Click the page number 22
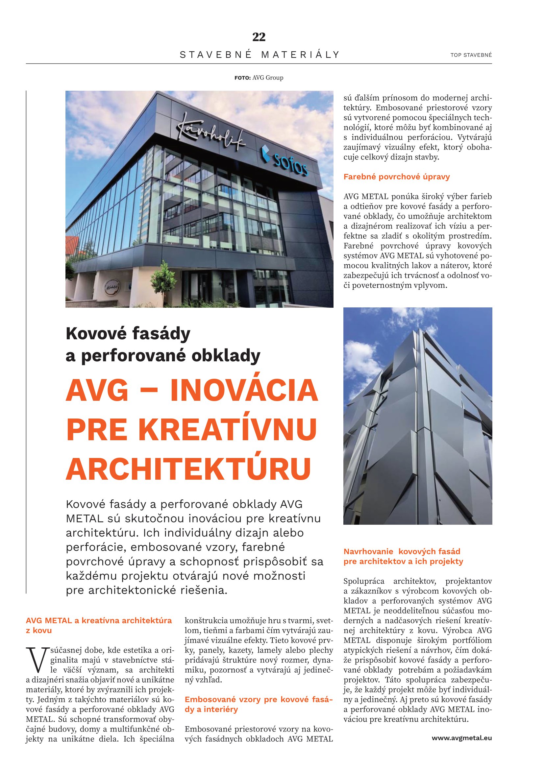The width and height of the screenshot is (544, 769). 259,37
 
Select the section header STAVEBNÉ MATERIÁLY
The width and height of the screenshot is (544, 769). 260,55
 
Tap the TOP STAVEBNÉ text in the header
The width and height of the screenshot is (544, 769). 471,55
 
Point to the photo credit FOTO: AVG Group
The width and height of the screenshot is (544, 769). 259,78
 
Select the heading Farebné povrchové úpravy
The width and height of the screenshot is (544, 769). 397,177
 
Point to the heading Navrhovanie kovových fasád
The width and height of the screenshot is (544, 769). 402,551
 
